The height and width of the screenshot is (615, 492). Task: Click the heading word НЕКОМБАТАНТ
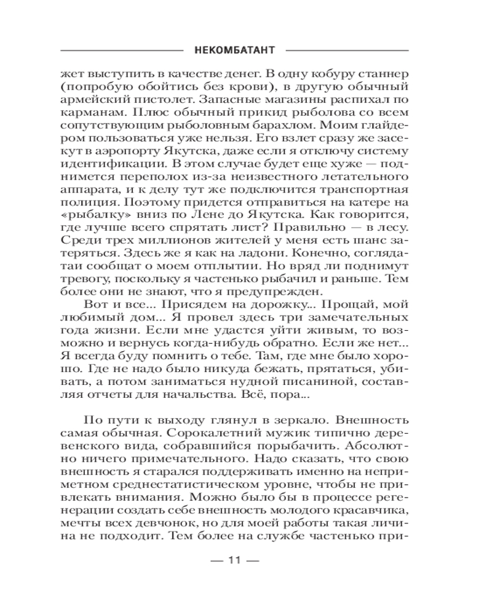234,50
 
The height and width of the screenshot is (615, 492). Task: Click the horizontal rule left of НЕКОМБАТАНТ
122,50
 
